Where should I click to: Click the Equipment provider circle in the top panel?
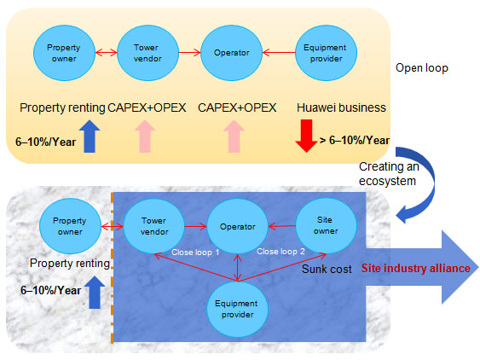326,53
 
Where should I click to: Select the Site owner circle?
326,226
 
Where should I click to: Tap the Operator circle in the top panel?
231,53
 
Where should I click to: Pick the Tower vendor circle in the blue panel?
154,226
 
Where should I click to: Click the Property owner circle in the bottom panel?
70,226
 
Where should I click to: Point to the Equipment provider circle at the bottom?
237,309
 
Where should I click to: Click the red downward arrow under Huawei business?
306,136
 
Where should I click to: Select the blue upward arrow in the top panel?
90,136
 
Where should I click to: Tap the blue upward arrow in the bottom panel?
95,293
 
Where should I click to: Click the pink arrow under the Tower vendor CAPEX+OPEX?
145,136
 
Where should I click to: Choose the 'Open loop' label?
422,68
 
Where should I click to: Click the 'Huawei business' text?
341,107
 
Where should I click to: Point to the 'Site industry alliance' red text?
416,269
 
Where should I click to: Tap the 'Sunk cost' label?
327,269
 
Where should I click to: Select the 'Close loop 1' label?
195,253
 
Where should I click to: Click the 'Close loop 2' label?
280,252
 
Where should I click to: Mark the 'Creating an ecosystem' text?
389,174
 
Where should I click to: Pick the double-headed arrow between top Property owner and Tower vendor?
107,53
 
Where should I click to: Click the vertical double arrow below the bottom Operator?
238,267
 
